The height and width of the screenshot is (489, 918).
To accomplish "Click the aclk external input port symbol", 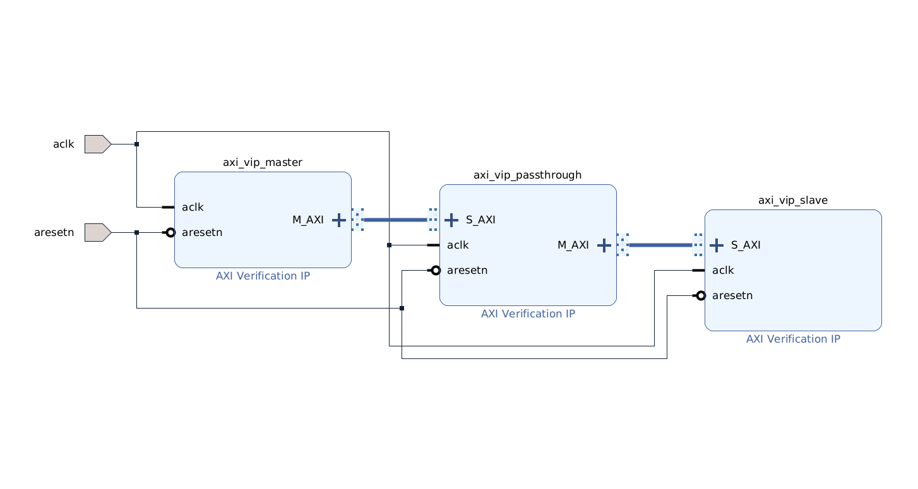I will point(97,144).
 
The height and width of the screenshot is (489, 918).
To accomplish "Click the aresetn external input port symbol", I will point(97,232).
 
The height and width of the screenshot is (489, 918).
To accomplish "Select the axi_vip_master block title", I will point(263,162).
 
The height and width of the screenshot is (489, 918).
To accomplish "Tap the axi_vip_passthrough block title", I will point(528,175).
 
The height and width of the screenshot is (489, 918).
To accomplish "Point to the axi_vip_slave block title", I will point(793,200).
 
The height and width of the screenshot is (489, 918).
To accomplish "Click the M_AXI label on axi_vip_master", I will point(308,220).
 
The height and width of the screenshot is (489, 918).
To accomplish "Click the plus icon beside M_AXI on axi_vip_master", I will point(339,220).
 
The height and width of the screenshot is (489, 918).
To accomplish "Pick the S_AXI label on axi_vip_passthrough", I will point(480,220).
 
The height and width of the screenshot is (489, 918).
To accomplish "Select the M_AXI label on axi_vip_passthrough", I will point(573,245).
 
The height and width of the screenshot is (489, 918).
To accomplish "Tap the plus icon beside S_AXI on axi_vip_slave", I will point(717,245).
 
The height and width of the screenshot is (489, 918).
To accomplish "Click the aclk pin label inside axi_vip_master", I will point(193,207).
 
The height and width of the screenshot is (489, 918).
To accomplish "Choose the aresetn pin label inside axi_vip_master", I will point(202,232).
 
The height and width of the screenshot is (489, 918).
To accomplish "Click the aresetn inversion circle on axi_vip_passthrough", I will point(435,270).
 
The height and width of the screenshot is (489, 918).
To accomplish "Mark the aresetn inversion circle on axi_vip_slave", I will point(700,295).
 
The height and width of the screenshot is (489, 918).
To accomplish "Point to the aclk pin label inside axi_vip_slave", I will point(723,270).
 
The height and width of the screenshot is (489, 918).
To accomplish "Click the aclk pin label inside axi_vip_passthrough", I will point(458,245).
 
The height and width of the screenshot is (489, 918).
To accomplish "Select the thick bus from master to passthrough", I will point(395,220).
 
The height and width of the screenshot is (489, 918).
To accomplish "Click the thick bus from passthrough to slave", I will point(660,245).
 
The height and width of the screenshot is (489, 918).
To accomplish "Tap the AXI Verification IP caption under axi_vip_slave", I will point(793,339).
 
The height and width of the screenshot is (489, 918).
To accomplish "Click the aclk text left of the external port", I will point(64,144).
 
